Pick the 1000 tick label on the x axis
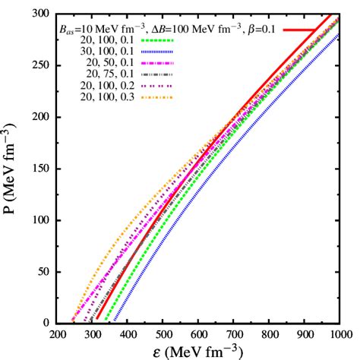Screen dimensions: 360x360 [339, 333]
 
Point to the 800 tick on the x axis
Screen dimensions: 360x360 [268, 333]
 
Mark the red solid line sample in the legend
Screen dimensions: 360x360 [300, 30]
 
